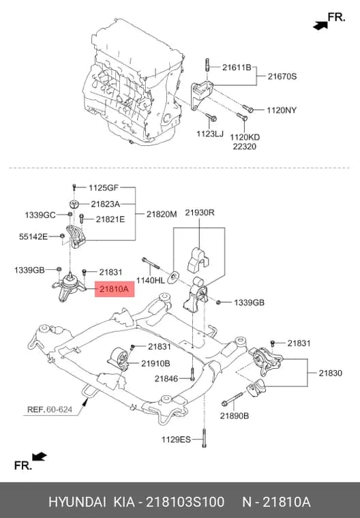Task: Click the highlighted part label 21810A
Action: point(115,290)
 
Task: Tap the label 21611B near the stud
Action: point(237,67)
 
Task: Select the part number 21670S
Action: point(282,76)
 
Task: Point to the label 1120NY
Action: point(282,110)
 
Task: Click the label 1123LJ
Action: point(210,134)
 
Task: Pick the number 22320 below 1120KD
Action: point(245,147)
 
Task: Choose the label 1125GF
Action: point(104,188)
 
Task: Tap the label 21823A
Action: point(106,204)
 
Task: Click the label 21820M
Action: point(162,214)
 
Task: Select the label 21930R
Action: point(200,213)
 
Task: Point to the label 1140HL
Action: point(151,281)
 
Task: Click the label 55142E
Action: point(33,237)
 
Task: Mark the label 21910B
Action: point(155,363)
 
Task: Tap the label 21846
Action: point(166,378)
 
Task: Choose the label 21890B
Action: point(235,416)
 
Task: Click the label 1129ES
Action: point(176,440)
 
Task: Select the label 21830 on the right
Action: point(331,373)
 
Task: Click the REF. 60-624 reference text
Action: point(50,410)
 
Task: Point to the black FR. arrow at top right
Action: point(320,25)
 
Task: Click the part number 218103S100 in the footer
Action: point(185,502)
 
